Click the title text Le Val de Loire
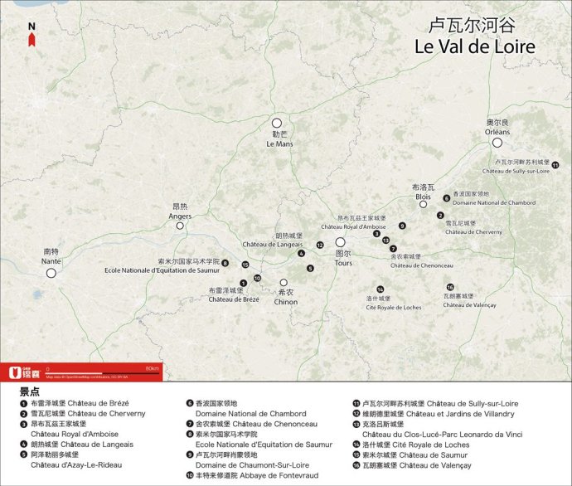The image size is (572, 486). [474, 47]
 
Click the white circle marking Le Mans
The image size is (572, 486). [278, 122]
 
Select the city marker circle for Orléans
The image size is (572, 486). [497, 143]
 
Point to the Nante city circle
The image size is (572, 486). [51, 273]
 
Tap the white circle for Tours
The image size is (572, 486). [340, 242]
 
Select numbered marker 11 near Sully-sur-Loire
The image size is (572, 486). [555, 166]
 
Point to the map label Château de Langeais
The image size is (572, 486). [272, 244]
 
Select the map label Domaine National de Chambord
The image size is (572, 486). [482, 202]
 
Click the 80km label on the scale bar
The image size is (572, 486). [151, 367]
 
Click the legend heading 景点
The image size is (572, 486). [30, 391]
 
